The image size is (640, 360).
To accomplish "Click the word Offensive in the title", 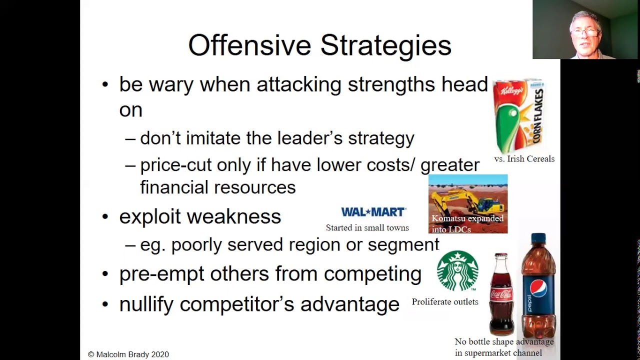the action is (249, 45).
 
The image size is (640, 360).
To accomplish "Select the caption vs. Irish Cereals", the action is (524, 158).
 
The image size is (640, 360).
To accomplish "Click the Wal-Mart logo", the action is (373, 212).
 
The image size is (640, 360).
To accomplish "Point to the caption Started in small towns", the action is (367, 227).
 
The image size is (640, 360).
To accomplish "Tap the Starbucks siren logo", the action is (457, 271).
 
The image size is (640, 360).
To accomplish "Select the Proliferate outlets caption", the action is (445, 301).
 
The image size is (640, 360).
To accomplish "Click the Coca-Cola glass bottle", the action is (501, 294).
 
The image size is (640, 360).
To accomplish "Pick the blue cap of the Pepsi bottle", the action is (538, 238).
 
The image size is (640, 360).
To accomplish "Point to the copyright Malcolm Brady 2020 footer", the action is (128, 354).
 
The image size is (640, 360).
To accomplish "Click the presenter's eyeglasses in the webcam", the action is (585, 33).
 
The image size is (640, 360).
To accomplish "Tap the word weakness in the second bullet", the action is (234, 216).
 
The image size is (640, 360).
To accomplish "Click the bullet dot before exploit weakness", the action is (105, 217).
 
